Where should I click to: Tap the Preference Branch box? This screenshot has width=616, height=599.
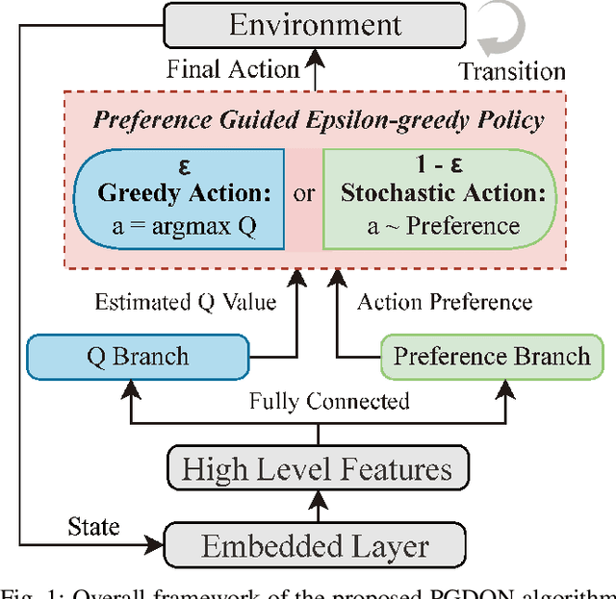(491, 356)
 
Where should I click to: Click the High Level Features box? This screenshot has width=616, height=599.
(317, 469)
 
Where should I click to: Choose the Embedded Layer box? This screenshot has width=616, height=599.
(317, 546)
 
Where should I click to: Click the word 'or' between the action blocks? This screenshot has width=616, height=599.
(304, 195)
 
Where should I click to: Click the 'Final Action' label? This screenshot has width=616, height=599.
(233, 69)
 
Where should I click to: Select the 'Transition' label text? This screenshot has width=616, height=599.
(511, 71)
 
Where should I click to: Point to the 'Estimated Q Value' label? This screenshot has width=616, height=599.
(185, 303)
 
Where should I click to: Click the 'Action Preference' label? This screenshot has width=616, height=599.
(445, 303)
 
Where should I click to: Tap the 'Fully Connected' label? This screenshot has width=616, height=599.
(329, 400)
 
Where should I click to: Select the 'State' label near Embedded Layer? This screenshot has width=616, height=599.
(93, 526)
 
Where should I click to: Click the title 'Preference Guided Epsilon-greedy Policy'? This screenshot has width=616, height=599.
(318, 121)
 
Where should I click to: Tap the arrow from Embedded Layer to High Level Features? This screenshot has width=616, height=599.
(317, 508)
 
